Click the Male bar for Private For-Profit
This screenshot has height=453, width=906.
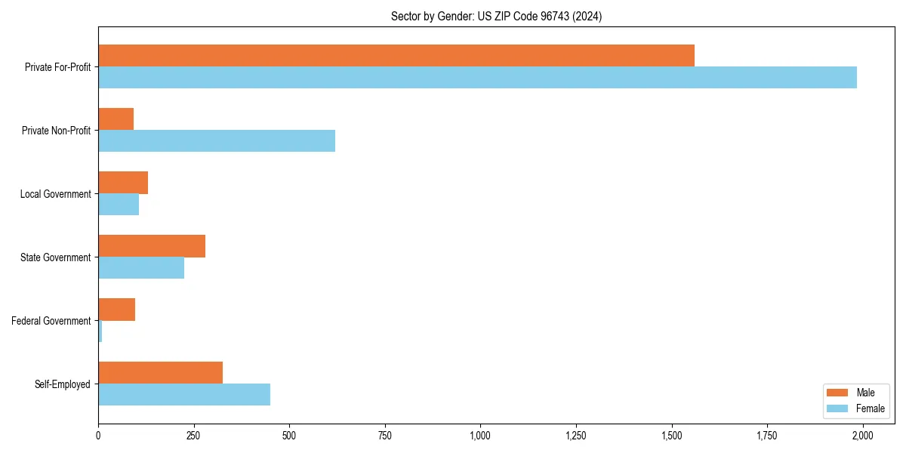[x=396, y=56]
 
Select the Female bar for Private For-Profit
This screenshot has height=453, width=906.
[x=477, y=78]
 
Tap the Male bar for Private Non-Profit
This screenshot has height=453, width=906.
[x=116, y=119]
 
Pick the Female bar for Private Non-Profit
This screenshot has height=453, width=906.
[x=217, y=141]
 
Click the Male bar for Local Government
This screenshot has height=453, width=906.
[x=123, y=183]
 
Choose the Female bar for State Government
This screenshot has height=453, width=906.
[x=141, y=268]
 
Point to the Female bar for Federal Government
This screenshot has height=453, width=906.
[x=100, y=331]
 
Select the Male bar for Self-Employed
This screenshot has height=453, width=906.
[x=160, y=373]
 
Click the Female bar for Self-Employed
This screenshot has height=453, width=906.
[x=184, y=395]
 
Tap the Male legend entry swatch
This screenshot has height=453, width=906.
[x=838, y=393]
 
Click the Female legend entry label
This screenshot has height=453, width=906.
[x=871, y=408]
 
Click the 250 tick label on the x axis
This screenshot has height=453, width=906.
[x=194, y=436]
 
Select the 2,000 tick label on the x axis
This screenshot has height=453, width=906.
[x=862, y=436]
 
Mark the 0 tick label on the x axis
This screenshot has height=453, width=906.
[x=98, y=436]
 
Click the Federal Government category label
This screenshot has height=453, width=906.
[x=51, y=321]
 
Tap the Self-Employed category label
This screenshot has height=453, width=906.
[x=63, y=384]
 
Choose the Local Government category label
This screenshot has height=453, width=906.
[x=56, y=194]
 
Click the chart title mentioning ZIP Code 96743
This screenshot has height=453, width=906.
[x=496, y=16]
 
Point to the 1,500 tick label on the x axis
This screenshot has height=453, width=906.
[x=671, y=436]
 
